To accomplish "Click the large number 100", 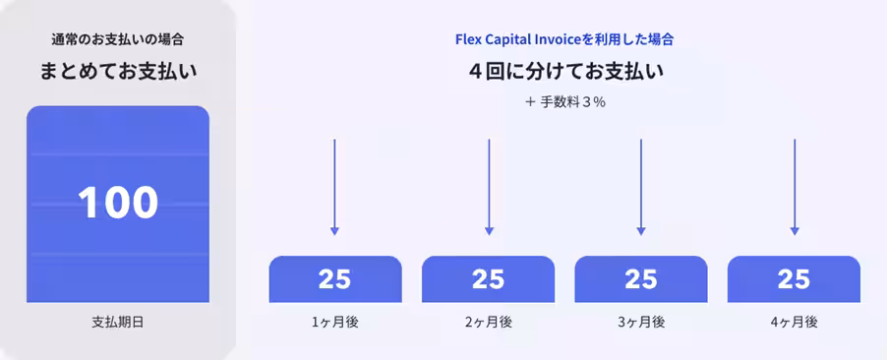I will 118,203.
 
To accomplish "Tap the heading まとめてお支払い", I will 118,72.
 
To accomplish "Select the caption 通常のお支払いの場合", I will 118,40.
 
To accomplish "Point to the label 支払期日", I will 118,322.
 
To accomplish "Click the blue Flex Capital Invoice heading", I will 564,40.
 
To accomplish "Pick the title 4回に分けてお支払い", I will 565,72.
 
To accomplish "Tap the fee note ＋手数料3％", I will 565,101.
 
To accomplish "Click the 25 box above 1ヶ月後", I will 334,279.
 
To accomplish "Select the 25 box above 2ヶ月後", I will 488,279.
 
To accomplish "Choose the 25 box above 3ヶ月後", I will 640,279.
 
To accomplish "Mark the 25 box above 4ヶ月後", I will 794,279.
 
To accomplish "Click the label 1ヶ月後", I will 334,322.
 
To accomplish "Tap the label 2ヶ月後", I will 488,322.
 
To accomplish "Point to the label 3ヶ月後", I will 640,322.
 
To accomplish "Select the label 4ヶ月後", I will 794,322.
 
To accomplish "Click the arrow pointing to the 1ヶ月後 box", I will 334,187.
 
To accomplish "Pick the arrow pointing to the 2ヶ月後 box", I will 488,187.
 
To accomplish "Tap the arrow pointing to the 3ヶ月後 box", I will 640,187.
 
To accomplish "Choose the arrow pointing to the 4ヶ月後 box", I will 794,187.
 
